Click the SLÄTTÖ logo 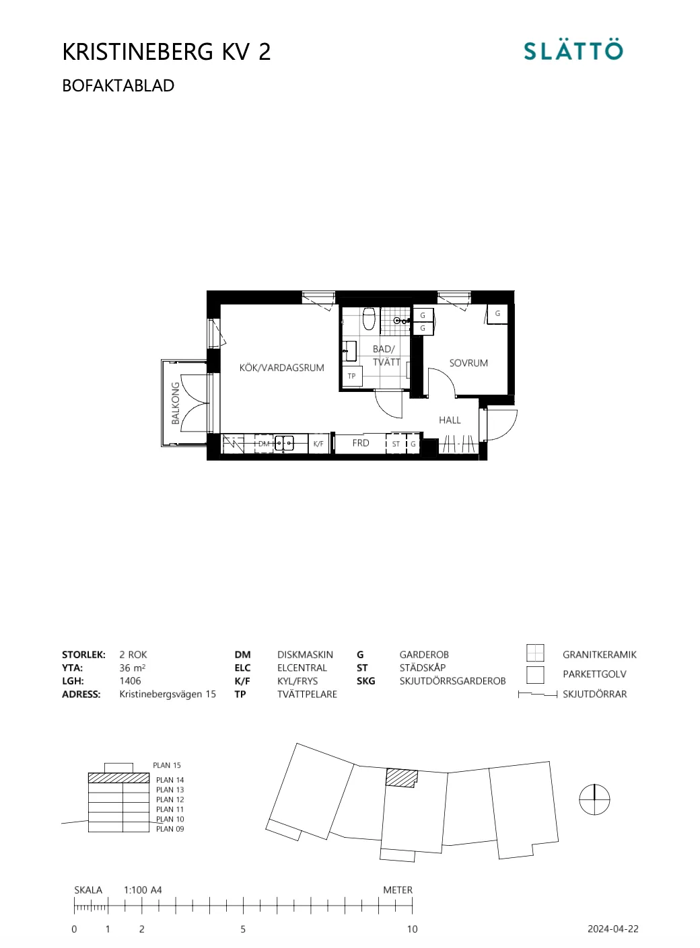[x=573, y=51]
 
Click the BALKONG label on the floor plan [x=176, y=403]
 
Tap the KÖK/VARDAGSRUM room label [x=281, y=368]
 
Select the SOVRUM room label [x=468, y=363]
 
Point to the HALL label [x=450, y=420]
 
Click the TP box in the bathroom [x=351, y=377]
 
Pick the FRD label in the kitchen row [x=361, y=443]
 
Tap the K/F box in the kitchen [x=318, y=444]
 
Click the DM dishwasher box [x=264, y=444]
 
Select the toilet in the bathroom [x=368, y=318]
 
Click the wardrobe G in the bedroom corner [x=497, y=313]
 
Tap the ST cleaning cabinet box [x=396, y=444]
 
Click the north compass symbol [x=594, y=800]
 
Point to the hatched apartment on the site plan [x=402, y=778]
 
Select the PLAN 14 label [x=170, y=780]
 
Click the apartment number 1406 [x=131, y=681]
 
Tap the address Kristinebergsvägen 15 [x=168, y=695]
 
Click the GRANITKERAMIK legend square [x=535, y=653]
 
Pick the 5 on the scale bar [x=243, y=929]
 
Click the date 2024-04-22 [x=612, y=929]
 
